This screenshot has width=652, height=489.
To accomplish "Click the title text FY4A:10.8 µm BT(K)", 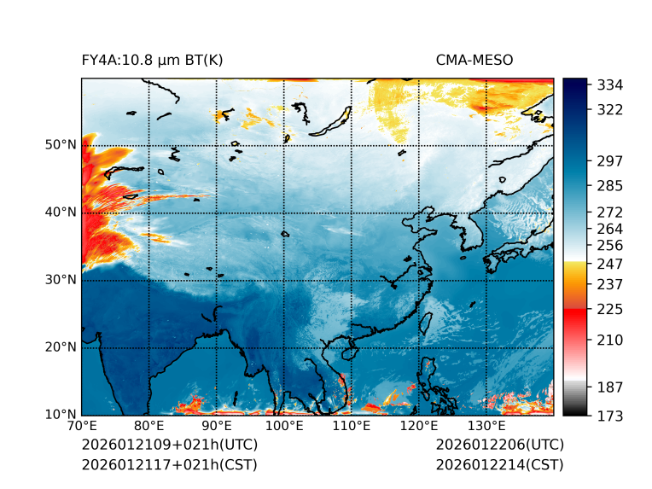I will pyautogui.click(x=152, y=61).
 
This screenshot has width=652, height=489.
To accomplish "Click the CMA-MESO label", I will pyautogui.click(x=474, y=61).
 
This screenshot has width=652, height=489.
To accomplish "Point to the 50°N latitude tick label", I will pyautogui.click(x=61, y=145).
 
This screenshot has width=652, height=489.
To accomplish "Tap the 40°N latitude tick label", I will pyautogui.click(x=61, y=212).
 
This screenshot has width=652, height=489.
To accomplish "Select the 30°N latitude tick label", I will pyautogui.click(x=61, y=280).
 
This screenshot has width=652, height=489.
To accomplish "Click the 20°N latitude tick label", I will pyautogui.click(x=61, y=347).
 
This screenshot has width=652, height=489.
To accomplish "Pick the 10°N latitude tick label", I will pyautogui.click(x=61, y=415).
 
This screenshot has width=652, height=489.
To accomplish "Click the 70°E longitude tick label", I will pyautogui.click(x=82, y=426).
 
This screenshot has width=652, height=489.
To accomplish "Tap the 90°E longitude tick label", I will pyautogui.click(x=217, y=426).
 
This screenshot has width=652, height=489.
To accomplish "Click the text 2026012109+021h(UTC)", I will pyautogui.click(x=169, y=445).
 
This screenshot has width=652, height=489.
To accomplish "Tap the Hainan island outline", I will pyautogui.click(x=347, y=352).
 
